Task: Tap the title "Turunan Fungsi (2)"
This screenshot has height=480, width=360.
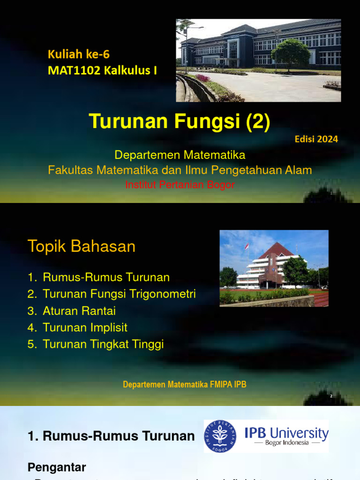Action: (180, 121)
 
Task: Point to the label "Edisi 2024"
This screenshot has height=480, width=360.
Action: (316, 139)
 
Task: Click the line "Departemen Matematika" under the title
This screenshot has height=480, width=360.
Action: (180, 155)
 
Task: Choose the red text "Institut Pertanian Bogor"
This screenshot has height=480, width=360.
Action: (180, 185)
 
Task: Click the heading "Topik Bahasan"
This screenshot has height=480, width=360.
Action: (82, 246)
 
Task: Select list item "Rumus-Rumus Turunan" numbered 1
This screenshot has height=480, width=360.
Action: (106, 277)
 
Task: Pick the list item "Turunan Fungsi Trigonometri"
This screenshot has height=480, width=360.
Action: (119, 294)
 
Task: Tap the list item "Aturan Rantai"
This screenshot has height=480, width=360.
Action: (79, 311)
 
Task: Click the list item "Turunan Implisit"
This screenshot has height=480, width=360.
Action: (85, 328)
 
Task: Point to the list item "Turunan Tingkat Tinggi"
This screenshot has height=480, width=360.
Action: (103, 345)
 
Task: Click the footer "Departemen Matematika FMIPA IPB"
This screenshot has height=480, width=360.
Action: (185, 385)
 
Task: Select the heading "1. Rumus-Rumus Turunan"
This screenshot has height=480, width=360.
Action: (111, 436)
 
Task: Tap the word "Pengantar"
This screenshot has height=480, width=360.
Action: (57, 454)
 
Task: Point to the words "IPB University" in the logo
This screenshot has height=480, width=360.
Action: (286, 432)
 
